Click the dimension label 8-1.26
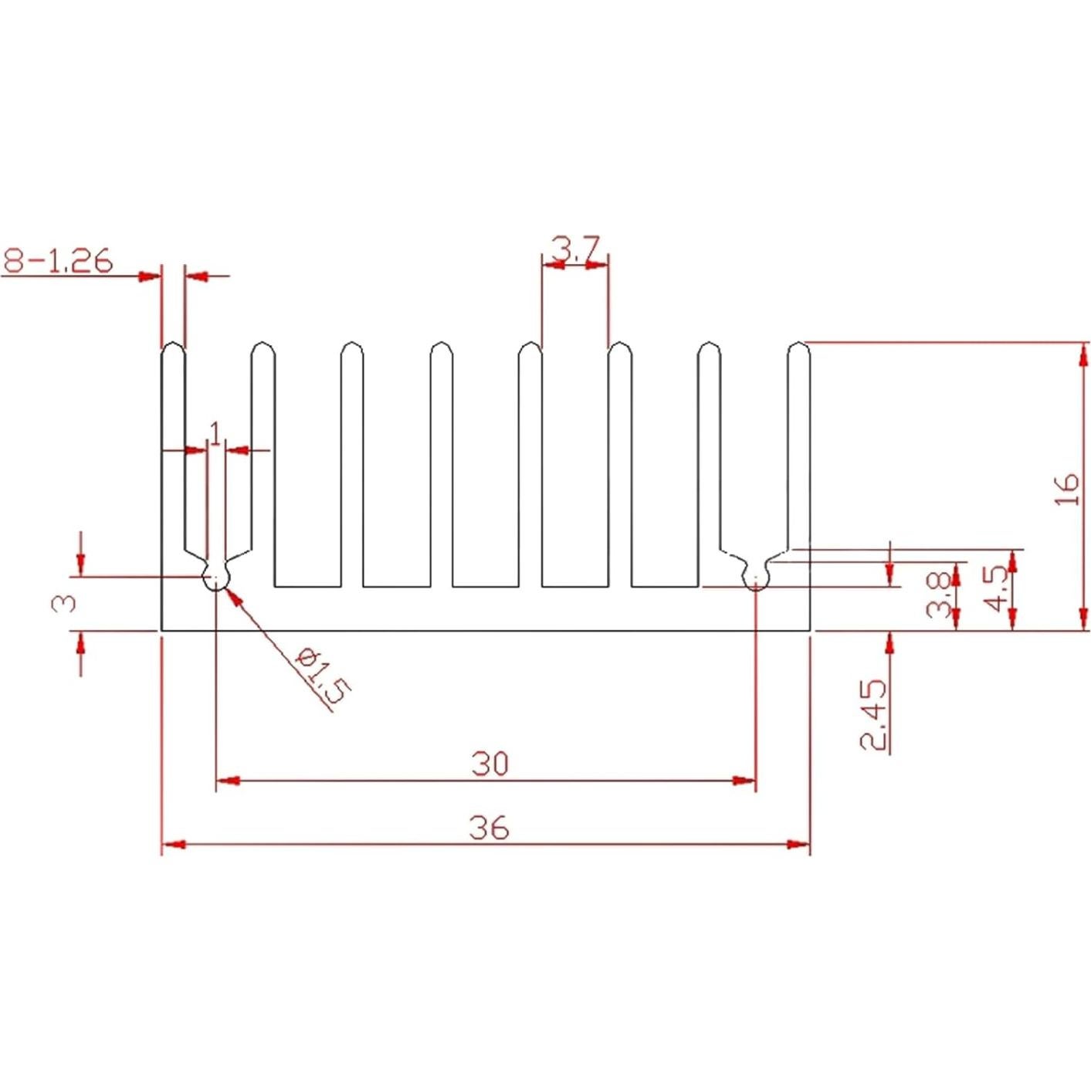[x=58, y=261]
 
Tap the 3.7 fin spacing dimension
[x=575, y=249]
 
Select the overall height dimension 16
[x=1066, y=490]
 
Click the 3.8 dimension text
[x=938, y=594]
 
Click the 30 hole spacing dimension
[x=490, y=764]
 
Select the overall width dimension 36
[x=489, y=828]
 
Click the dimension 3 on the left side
[x=64, y=602]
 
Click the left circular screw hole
[x=216, y=577]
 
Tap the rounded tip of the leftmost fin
[x=173, y=349]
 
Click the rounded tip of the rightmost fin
[x=798, y=349]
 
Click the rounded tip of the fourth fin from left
[x=442, y=349]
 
